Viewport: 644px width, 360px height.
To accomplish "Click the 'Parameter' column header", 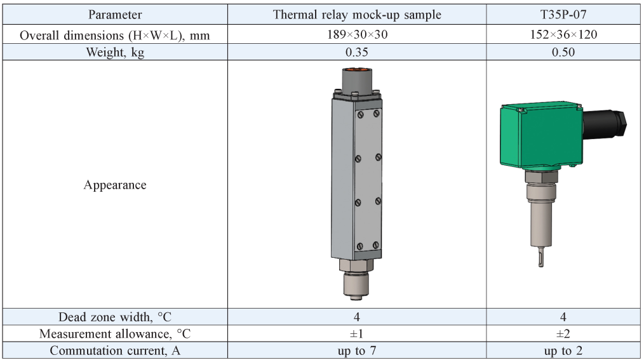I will point(115,15).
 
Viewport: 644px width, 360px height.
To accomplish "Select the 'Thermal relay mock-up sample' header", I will point(356,15).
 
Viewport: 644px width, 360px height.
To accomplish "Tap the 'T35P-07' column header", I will point(563,15).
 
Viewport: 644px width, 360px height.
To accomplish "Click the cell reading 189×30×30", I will point(356,34).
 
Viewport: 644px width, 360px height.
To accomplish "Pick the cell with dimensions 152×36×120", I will point(563,34).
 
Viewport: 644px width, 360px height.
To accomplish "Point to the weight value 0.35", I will point(356,52).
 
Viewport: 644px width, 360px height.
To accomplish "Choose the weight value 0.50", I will point(563,52).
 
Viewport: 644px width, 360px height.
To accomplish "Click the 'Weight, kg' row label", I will point(115,52).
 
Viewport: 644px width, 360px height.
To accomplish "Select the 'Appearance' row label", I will point(115,185).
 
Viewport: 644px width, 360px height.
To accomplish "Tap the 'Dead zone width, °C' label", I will point(115,317).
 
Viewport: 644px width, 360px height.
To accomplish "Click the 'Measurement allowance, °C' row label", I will point(115,334).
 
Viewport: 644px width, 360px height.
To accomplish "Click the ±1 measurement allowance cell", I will point(356,334).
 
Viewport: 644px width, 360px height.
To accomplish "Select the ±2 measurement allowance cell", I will point(563,334).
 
